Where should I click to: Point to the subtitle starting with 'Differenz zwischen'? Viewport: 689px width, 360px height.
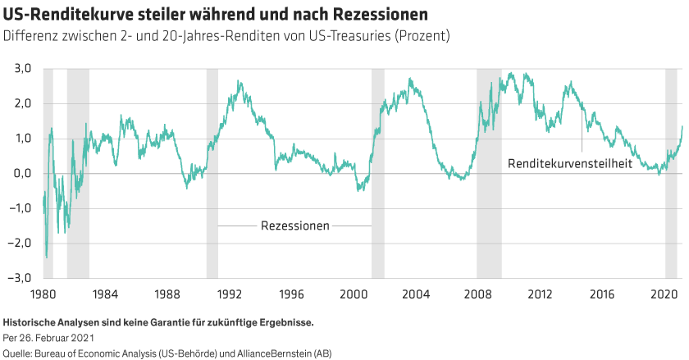[226, 37]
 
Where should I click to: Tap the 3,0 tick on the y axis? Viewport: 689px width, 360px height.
[21, 68]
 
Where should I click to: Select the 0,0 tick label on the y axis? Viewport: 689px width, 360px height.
[21, 173]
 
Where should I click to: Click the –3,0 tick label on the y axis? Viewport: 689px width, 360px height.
[18, 277]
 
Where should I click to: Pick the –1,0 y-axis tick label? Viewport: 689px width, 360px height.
[18, 207]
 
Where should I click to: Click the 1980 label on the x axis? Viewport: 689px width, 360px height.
[43, 293]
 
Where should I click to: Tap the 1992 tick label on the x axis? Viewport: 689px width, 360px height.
[229, 293]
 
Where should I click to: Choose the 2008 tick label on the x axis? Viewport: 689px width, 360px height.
[477, 293]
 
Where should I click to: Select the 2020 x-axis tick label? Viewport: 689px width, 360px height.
[664, 293]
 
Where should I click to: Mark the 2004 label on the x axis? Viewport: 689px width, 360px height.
[415, 293]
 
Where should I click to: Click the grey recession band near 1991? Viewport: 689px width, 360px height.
[212, 172]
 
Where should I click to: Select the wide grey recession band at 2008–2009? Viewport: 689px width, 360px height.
[489, 172]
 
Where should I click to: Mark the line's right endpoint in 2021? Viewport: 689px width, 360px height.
[682, 126]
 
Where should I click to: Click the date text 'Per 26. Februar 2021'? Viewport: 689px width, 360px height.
[50, 337]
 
